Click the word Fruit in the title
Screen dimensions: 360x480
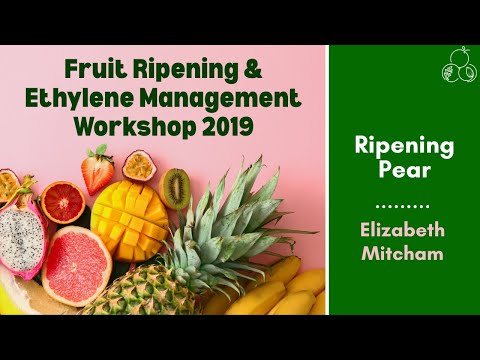(93, 70)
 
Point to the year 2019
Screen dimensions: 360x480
(224, 128)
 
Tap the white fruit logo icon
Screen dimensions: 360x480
(457, 67)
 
